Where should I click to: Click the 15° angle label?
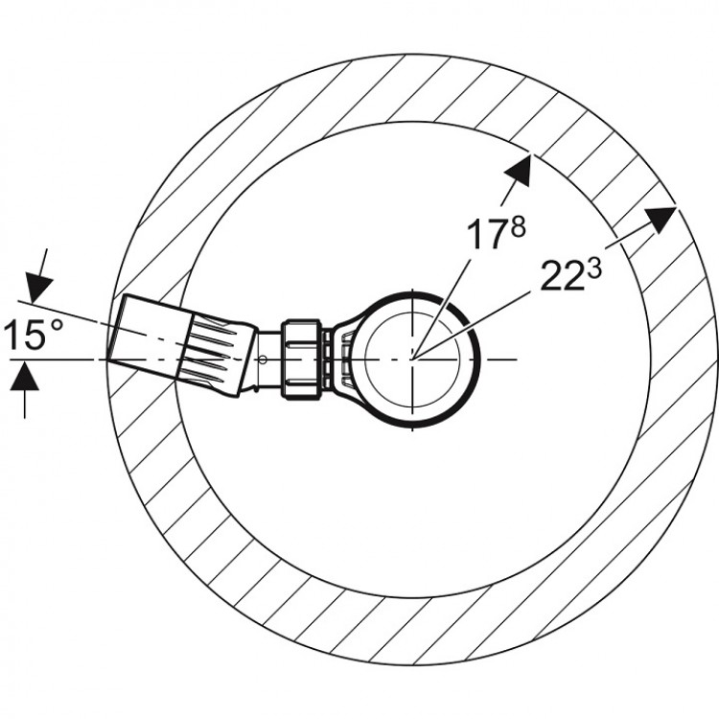pos(34,334)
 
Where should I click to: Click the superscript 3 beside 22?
pos(593,268)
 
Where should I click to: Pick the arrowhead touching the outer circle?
pos(661,220)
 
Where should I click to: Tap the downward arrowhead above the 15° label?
pos(38,288)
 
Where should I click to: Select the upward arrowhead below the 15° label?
pos(24,376)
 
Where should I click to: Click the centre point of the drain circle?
pos(412,359)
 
